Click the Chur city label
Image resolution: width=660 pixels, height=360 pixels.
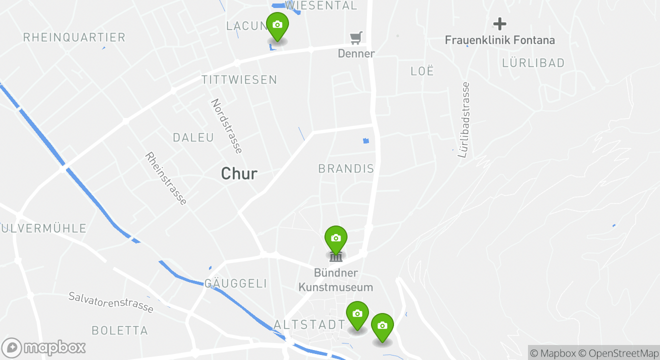[239, 173]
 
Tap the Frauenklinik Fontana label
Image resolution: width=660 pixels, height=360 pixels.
[499, 40]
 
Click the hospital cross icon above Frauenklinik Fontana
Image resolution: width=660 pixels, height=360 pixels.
[499, 23]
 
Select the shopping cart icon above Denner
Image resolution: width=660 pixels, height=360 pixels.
[356, 37]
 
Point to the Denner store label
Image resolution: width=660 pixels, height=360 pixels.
[356, 53]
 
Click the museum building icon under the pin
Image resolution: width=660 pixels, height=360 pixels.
[335, 257]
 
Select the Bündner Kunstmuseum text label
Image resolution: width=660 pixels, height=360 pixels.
[336, 280]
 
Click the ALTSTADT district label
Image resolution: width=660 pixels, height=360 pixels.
[309, 325]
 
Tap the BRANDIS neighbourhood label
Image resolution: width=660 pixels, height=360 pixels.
[346, 168]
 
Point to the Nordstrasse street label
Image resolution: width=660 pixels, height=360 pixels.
[226, 126]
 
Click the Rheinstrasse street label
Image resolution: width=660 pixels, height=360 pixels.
[166, 178]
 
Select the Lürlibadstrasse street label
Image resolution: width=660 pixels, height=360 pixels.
[464, 120]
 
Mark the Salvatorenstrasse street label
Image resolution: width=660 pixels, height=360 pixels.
[111, 302]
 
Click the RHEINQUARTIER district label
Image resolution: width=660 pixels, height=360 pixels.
[74, 37]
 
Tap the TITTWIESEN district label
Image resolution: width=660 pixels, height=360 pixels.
[239, 80]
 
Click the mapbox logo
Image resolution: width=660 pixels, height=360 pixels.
[44, 347]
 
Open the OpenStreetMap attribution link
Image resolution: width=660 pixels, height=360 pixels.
[623, 353]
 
